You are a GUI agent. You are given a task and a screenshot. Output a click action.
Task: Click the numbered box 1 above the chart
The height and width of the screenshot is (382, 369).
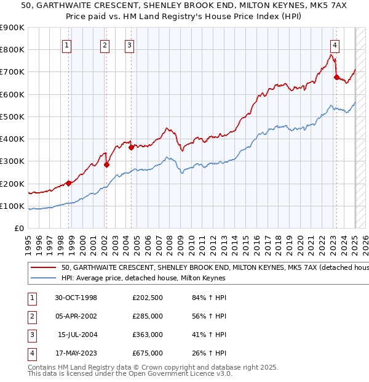[66, 44]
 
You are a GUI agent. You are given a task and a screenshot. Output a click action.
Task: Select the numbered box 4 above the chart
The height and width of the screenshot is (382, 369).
[335, 44]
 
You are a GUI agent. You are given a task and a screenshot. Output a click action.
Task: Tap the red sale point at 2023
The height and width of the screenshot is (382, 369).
[336, 77]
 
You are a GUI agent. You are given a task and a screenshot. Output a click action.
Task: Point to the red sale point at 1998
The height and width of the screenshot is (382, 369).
[69, 183]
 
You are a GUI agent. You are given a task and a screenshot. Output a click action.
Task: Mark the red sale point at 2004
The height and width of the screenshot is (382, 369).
[132, 147]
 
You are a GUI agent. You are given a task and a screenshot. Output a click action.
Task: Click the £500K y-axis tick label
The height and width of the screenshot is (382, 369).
[12, 116]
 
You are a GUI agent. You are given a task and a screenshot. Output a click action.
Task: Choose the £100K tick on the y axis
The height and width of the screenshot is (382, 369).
[12, 206]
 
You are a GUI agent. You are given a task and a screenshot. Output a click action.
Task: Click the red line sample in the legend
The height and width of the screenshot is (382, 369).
[43, 268]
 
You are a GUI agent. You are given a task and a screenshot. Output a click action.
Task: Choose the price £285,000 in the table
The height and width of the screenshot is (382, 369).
[148, 317]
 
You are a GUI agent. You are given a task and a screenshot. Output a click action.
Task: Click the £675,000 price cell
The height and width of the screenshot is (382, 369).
[148, 353]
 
